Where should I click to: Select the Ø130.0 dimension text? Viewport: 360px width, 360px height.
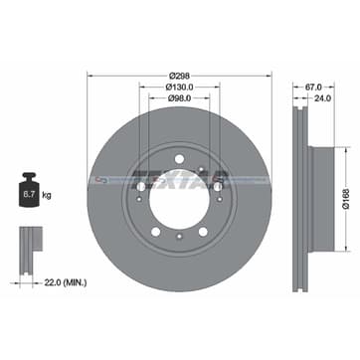pos(180,88)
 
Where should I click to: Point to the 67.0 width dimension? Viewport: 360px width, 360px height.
pos(315,88)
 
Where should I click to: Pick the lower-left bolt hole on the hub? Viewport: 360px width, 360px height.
pos(155,232)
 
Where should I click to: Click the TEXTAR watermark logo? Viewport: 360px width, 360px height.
pos(180,179)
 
